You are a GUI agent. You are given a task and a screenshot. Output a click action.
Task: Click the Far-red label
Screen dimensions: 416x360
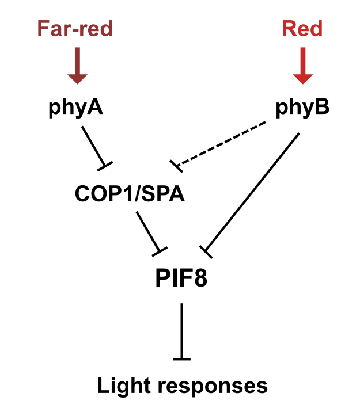click(x=75, y=28)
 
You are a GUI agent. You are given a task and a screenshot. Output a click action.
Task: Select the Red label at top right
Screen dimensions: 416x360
click(x=302, y=28)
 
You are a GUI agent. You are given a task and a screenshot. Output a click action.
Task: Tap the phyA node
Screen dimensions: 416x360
click(x=75, y=107)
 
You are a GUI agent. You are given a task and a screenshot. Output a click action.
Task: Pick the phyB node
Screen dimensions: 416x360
click(x=302, y=107)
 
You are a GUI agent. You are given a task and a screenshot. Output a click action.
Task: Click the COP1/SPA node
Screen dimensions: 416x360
click(x=130, y=193)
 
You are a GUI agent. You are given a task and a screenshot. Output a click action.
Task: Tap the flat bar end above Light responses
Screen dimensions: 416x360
click(x=181, y=359)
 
